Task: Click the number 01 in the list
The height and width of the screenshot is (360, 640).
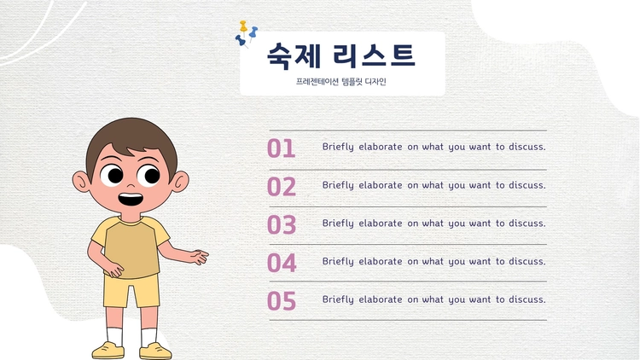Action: point(281,148)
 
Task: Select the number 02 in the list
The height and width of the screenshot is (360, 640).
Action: point(282,187)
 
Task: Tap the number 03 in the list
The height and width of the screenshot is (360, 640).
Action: point(282,224)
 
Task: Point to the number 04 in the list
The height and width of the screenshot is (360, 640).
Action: point(282,263)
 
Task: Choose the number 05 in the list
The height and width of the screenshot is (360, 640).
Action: point(282,301)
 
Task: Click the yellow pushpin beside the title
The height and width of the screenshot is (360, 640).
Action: point(243,26)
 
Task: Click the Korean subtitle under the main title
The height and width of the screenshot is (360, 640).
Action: point(340,82)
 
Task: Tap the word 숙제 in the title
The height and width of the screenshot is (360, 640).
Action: point(294,55)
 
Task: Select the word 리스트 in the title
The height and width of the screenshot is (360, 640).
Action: point(374,55)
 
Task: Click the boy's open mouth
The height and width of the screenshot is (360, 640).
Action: point(131,200)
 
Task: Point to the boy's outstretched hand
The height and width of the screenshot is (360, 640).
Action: point(198,257)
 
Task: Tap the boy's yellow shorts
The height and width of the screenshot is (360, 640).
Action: point(131,291)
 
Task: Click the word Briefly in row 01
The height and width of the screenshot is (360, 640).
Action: point(338,147)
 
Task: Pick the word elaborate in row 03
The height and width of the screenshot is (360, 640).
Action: point(381,224)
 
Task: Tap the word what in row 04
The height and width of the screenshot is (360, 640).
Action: point(433,261)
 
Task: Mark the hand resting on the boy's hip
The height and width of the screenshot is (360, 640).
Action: point(113,270)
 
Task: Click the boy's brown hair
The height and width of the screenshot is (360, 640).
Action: point(131,141)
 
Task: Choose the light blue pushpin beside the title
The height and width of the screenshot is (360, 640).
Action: point(253,32)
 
